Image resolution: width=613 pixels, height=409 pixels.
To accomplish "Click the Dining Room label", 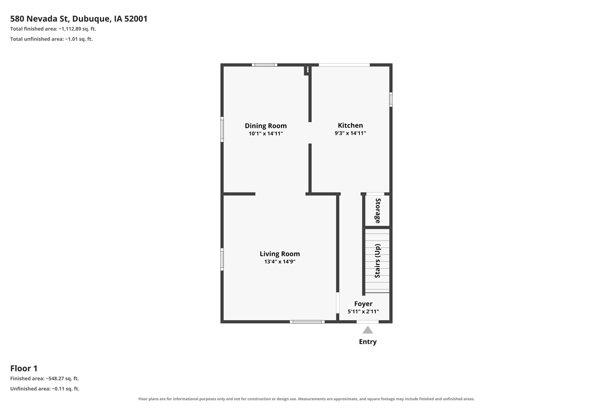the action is click(x=266, y=126).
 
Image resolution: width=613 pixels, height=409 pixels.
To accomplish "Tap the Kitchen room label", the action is click(x=350, y=125).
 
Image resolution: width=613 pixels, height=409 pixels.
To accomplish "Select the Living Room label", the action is click(x=280, y=254).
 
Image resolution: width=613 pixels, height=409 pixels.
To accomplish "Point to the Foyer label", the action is click(x=363, y=304).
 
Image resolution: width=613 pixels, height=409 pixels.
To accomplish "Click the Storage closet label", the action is click(x=378, y=211).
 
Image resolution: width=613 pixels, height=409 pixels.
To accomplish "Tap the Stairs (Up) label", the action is click(x=378, y=261).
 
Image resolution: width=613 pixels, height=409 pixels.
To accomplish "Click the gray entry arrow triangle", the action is click(x=368, y=330).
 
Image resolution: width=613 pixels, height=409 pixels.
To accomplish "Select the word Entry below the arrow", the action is click(x=368, y=342).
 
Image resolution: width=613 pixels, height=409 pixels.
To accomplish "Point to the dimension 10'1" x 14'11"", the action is click(x=266, y=134).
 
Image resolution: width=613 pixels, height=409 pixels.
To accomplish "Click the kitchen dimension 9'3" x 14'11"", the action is click(x=350, y=133).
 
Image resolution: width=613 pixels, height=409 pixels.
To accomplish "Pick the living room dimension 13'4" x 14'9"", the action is click(x=280, y=262).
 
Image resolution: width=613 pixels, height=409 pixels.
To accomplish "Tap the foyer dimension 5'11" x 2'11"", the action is click(x=363, y=312).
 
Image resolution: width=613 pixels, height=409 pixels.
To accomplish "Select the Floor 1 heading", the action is click(x=24, y=368).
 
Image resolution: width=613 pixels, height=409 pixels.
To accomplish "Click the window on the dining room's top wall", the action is click(x=264, y=65).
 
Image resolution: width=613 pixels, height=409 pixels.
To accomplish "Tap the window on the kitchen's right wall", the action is click(x=391, y=99).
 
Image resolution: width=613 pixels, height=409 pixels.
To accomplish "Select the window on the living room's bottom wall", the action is click(x=307, y=322).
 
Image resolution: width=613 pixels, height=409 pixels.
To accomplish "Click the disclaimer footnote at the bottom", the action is click(x=306, y=399).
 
